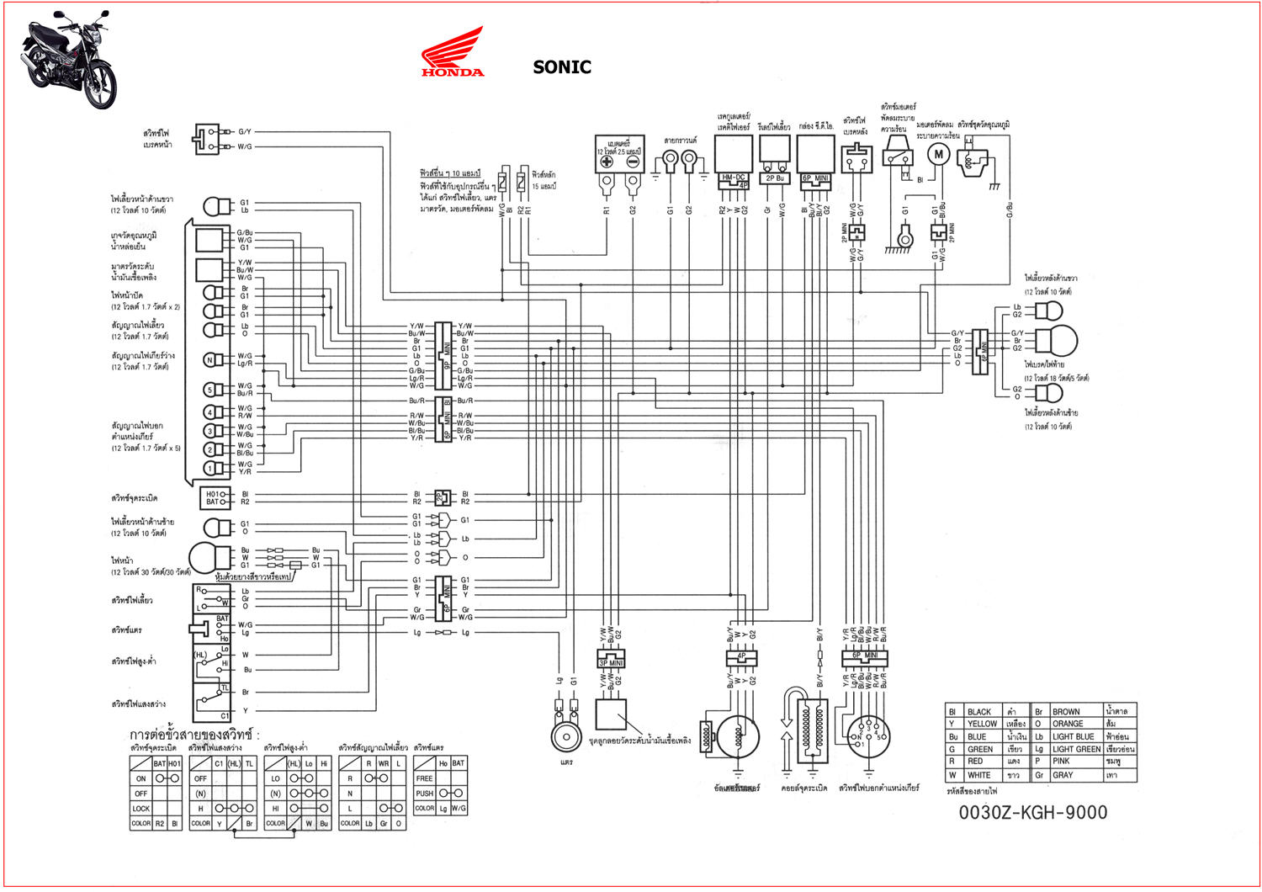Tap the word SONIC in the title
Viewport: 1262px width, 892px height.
click(562, 67)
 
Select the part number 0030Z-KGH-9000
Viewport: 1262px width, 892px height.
click(1033, 813)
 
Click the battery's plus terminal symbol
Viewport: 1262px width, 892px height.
click(607, 162)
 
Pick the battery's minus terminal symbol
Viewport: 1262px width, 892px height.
click(633, 162)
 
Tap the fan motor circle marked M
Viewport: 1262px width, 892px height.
click(938, 154)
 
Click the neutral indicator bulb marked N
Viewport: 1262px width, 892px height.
click(210, 360)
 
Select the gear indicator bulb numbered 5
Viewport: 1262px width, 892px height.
click(210, 390)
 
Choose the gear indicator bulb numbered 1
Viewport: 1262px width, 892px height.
click(210, 468)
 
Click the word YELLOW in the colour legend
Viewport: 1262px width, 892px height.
click(982, 724)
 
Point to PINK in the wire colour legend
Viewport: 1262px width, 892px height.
click(1062, 762)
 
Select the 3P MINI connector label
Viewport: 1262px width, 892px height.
click(611, 663)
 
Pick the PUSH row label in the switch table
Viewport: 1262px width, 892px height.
click(425, 793)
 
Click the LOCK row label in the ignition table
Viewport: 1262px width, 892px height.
click(141, 808)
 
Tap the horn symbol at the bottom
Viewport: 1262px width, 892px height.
click(566, 736)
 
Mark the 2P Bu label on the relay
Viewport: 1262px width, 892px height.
click(774, 178)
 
